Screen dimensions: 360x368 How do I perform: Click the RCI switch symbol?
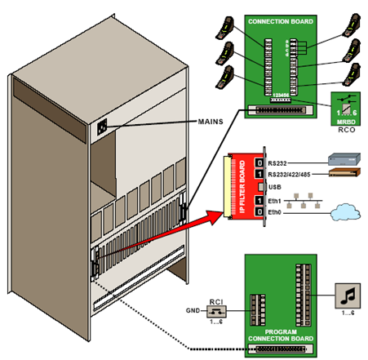click(x=219, y=313)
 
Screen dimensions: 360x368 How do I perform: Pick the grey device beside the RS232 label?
click(x=337, y=160)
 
